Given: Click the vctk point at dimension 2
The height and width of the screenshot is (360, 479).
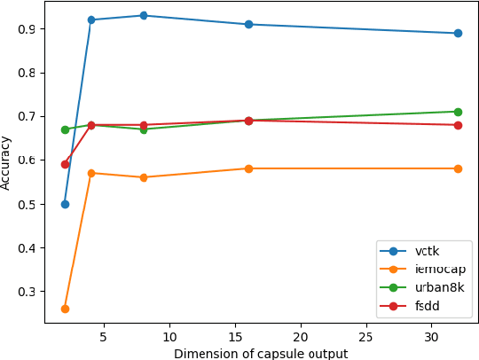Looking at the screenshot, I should pos(65,204).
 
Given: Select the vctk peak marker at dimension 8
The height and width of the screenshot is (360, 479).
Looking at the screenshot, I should pos(144,16).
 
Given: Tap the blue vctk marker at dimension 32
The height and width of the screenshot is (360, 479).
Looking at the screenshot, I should pos(458,33).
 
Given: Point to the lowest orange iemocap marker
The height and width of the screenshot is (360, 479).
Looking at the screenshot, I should pos(65,309).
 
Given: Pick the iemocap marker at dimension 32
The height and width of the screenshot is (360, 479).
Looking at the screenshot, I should pos(458,168).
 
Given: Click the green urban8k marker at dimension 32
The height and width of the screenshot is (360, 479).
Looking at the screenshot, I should pos(458,112).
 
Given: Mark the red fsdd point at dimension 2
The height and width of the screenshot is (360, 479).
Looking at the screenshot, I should pos(65,164).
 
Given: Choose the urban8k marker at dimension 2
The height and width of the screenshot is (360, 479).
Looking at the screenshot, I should pos(65,129).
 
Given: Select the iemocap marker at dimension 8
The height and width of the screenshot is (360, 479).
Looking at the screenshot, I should pos(144,177).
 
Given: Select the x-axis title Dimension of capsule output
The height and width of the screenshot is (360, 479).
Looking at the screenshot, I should pos(261,353).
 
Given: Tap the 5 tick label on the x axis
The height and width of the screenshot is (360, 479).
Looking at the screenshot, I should pos(104,337).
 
